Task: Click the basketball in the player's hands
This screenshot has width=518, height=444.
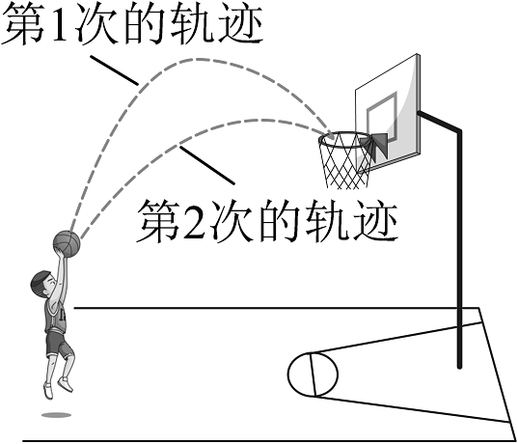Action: (67, 243)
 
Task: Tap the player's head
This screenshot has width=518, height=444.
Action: (41, 284)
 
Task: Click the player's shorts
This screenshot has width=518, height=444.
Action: (58, 345)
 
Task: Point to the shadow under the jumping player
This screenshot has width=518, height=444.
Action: (56, 415)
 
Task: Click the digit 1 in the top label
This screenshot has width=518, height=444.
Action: (60, 26)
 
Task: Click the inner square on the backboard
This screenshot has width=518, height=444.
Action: (382, 119)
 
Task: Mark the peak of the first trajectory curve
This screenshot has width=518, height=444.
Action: (198, 59)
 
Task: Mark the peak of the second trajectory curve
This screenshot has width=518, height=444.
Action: (261, 120)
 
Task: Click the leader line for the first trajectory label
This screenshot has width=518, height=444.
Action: (114, 70)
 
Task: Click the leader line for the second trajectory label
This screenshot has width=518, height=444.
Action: (206, 165)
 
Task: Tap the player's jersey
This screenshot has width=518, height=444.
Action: (55, 315)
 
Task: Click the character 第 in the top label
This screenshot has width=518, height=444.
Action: (24, 26)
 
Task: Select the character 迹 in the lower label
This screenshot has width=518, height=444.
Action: (375, 221)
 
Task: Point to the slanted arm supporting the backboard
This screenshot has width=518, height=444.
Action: (439, 122)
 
